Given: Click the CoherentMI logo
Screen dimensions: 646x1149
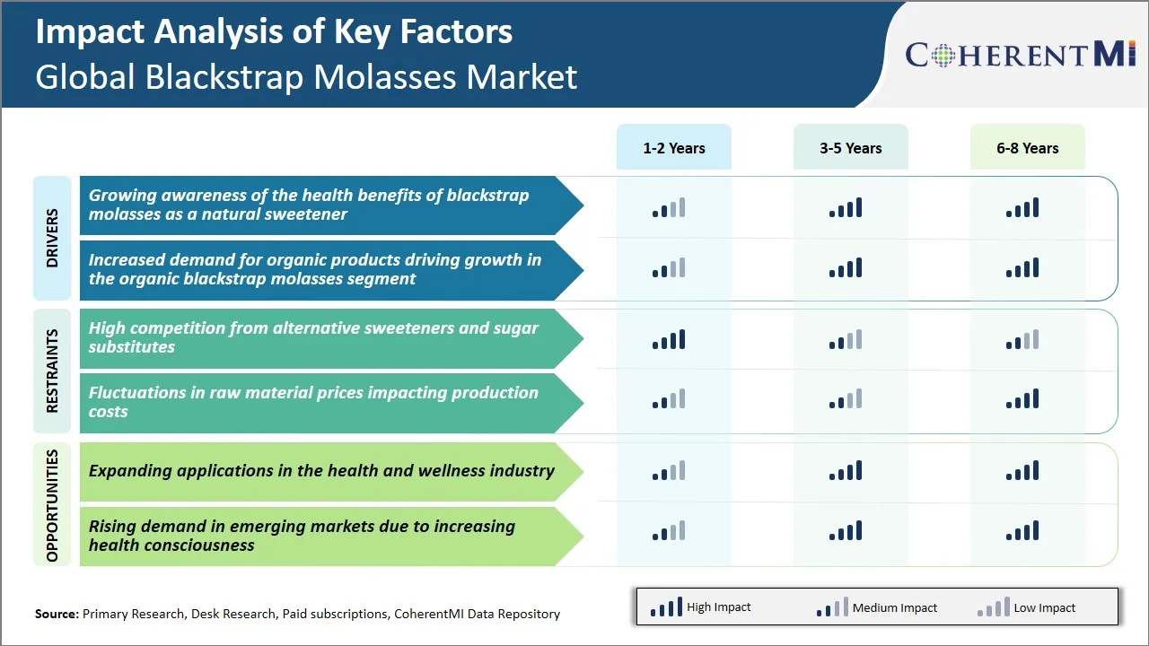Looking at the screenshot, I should (1021, 55).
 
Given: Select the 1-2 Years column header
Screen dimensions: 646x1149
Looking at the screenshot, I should (673, 148).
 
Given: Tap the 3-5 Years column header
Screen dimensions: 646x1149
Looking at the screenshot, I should (850, 148).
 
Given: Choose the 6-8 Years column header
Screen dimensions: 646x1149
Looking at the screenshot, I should (1027, 148).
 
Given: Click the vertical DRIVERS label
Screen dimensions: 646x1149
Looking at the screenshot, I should (52, 238).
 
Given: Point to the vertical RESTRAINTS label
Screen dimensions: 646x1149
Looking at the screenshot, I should (52, 371).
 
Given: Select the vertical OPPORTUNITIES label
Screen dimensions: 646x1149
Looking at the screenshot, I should (52, 505).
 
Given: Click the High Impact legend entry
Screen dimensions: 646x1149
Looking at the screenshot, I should (700, 607).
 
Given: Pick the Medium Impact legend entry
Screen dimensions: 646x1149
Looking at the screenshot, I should (876, 607).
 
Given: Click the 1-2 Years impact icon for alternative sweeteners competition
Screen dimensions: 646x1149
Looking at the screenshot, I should (668, 340).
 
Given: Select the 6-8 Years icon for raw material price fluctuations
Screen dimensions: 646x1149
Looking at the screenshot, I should (1022, 399).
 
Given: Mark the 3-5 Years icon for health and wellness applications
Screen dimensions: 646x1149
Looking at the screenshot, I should (845, 471).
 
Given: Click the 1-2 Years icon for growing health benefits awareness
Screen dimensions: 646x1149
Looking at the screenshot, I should (668, 209).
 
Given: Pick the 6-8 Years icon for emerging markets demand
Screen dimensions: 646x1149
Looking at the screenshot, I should (1022, 531).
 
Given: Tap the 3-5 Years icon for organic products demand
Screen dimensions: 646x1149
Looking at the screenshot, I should (845, 268).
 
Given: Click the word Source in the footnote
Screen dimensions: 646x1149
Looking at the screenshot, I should (57, 614).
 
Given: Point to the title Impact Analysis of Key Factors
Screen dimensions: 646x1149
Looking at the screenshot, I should (274, 32).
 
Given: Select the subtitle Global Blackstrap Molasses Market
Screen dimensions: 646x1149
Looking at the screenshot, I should (306, 77).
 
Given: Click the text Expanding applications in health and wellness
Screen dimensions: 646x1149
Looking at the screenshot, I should (321, 471).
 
